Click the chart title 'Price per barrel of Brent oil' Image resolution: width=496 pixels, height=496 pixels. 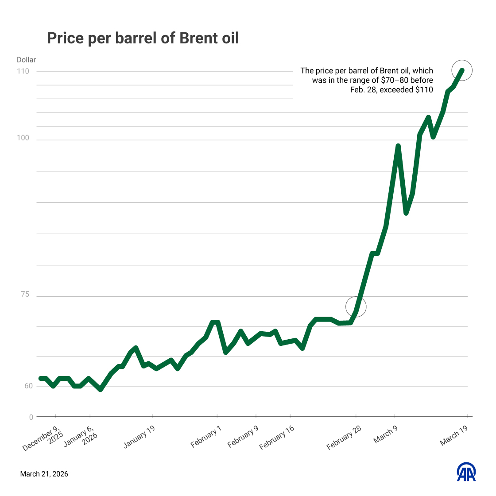(143, 38)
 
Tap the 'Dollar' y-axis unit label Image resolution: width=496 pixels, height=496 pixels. (26, 60)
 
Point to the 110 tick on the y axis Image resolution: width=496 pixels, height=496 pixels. (23, 71)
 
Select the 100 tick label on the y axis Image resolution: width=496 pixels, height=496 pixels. (23, 138)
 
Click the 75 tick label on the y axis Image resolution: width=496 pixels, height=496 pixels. (25, 294)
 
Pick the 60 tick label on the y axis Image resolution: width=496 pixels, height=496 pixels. (28, 386)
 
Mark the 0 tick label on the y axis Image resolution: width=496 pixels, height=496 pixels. (31, 417)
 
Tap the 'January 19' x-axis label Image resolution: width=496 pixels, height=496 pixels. (139, 437)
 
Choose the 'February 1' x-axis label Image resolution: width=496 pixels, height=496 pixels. (205, 438)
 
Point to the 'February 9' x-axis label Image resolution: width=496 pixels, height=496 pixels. (243, 437)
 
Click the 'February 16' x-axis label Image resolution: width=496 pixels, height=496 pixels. (277, 438)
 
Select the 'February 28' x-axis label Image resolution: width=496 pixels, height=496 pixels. (344, 438)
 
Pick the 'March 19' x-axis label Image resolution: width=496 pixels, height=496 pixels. (454, 436)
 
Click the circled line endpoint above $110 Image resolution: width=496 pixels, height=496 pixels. (462, 70)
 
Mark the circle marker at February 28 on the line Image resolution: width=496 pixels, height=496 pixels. (356, 306)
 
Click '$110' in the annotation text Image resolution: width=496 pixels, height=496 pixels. (424, 90)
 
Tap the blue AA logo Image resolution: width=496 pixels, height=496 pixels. (466, 472)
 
